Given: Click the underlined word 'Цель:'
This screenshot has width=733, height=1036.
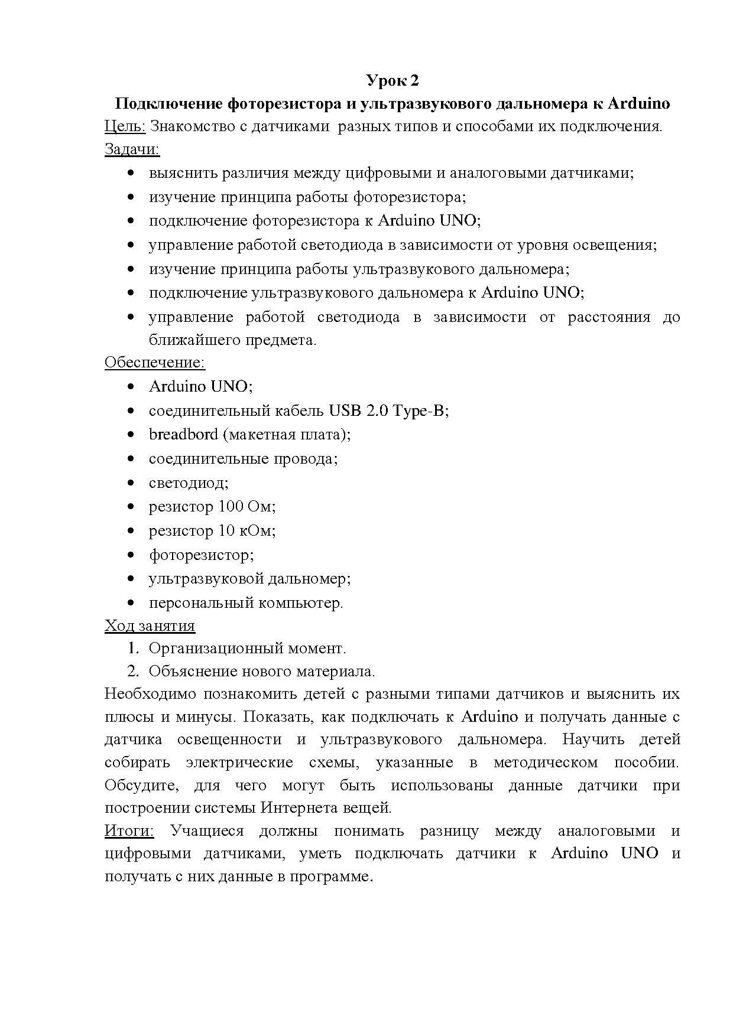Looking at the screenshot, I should pyautogui.click(x=125, y=126).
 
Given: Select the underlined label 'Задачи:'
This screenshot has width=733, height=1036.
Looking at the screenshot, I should pyautogui.click(x=132, y=149).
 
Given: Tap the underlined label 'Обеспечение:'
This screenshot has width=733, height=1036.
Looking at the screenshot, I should pyautogui.click(x=154, y=362).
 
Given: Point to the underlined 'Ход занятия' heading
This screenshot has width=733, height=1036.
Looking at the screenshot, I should pyautogui.click(x=150, y=625).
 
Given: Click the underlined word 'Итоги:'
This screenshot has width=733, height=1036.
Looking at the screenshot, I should pyautogui.click(x=129, y=831).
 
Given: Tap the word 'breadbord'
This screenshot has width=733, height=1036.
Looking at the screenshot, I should pyautogui.click(x=183, y=435).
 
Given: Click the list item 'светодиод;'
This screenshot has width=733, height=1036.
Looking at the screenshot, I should pyautogui.click(x=188, y=483).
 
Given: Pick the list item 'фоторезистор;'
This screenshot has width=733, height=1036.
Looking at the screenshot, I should pyautogui.click(x=201, y=555).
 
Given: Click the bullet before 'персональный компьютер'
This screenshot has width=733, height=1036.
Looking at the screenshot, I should pyautogui.click(x=131, y=604).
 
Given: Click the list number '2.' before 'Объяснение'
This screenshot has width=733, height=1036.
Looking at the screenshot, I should pyautogui.click(x=133, y=672).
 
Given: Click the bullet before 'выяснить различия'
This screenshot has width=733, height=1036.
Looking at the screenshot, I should pyautogui.click(x=131, y=174).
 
